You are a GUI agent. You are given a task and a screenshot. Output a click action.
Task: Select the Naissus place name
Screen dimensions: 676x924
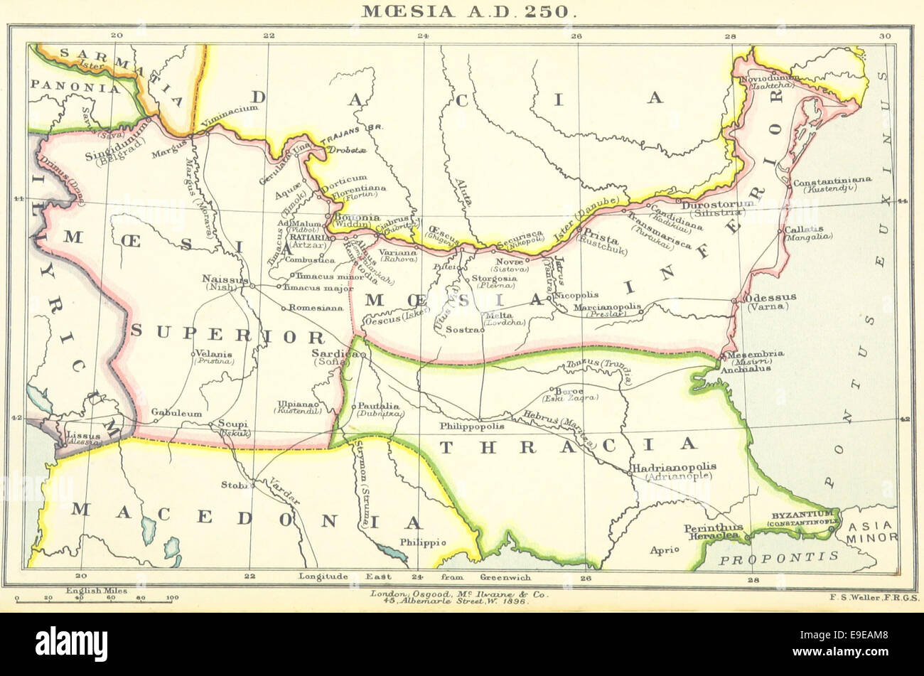222,279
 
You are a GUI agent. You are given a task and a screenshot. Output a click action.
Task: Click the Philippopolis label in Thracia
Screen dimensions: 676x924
472,426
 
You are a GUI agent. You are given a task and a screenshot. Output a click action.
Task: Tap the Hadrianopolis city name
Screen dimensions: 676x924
673,466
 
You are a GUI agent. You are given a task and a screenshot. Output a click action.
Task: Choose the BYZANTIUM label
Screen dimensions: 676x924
802,513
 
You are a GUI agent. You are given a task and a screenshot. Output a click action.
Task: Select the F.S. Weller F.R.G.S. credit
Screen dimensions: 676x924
874,598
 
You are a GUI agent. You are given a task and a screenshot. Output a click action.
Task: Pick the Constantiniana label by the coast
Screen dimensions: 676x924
832,181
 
